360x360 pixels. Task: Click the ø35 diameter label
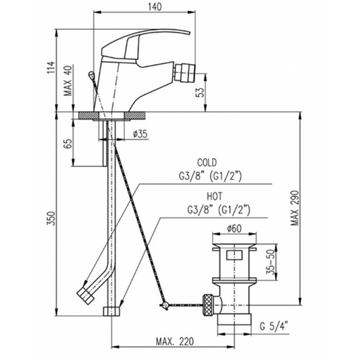coord(140,134)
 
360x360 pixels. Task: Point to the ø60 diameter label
coord(236,228)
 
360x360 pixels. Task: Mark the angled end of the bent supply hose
coord(86,294)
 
